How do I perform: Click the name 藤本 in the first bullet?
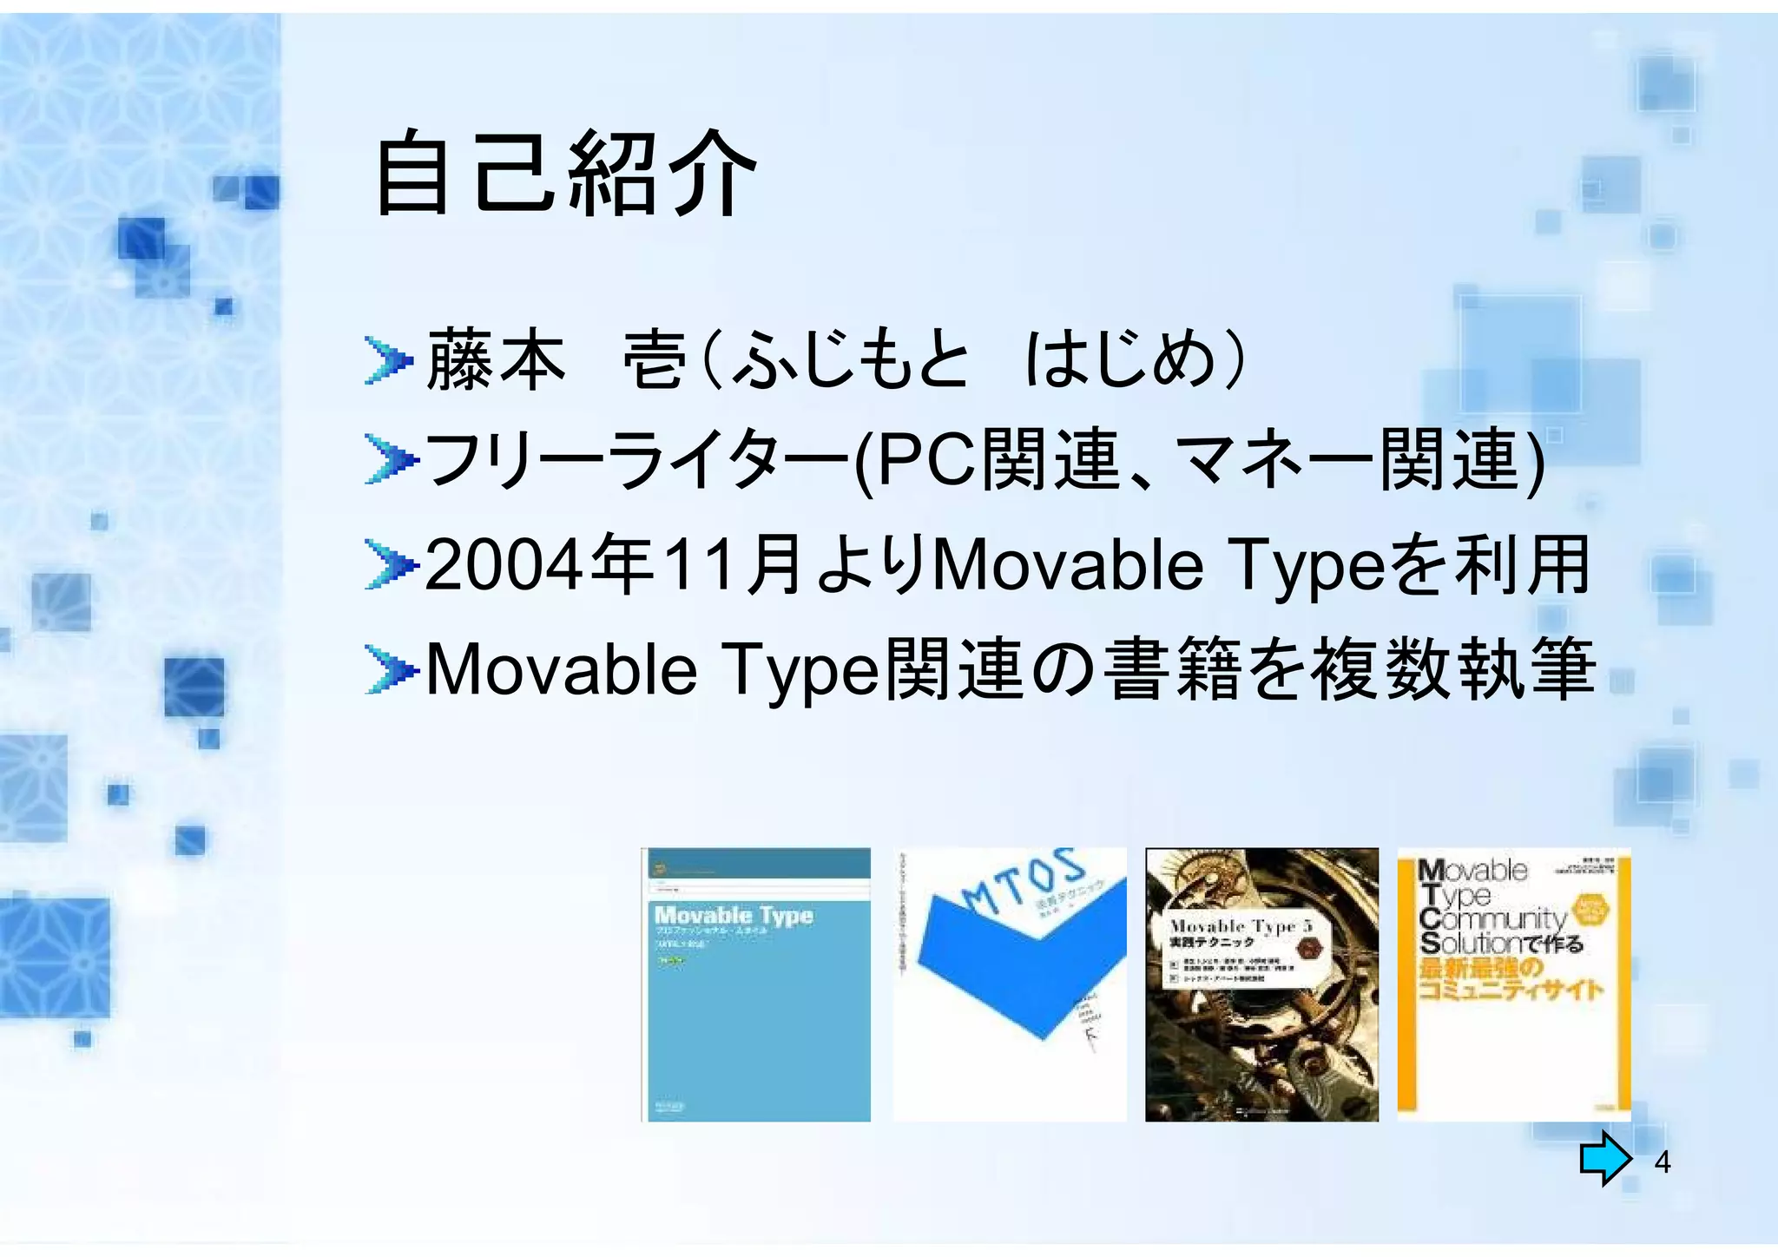click(x=496, y=359)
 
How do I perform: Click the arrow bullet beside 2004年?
click(x=387, y=565)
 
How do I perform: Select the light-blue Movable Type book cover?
click(x=756, y=984)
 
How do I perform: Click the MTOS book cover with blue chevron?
click(x=1010, y=984)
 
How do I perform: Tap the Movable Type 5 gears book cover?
click(x=1261, y=984)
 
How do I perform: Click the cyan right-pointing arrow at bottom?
click(x=1604, y=1158)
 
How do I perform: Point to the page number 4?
click(x=1662, y=1162)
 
